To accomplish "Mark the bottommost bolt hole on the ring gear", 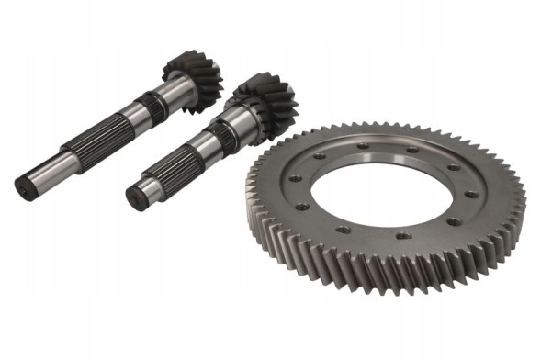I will point(401,238).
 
